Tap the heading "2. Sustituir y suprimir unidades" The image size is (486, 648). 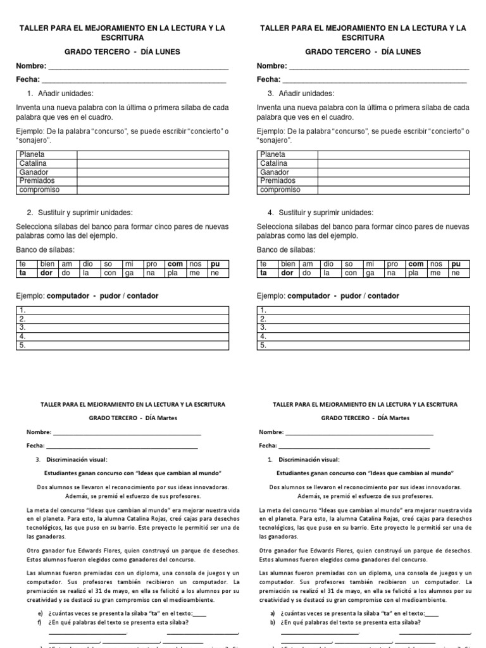point(80,212)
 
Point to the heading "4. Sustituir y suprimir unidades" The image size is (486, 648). point(320,212)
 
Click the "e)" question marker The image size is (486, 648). point(40,613)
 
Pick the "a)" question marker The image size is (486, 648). point(272,613)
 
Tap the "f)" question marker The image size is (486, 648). point(40,621)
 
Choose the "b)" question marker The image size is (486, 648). point(272,621)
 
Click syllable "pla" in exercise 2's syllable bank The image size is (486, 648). point(173,273)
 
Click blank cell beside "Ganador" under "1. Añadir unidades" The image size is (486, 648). point(152,172)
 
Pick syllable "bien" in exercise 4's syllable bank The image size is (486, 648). point(288,264)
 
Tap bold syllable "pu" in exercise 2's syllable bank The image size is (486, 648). point(215,264)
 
